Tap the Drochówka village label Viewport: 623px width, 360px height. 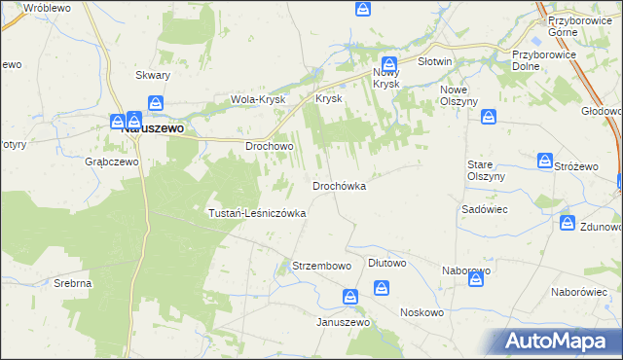(339, 186)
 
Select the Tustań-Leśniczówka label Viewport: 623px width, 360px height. (258, 213)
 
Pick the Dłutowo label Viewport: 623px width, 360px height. (386, 264)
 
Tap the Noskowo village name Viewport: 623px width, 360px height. (421, 313)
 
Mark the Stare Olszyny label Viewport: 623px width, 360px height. (486, 170)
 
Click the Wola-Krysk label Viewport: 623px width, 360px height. (256, 99)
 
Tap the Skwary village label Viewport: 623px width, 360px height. (153, 75)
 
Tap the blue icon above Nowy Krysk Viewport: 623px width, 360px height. (388, 62)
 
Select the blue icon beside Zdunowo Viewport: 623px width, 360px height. (568, 225)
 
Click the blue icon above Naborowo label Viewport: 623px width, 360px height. (476, 280)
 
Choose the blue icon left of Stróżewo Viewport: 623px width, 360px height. (546, 160)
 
